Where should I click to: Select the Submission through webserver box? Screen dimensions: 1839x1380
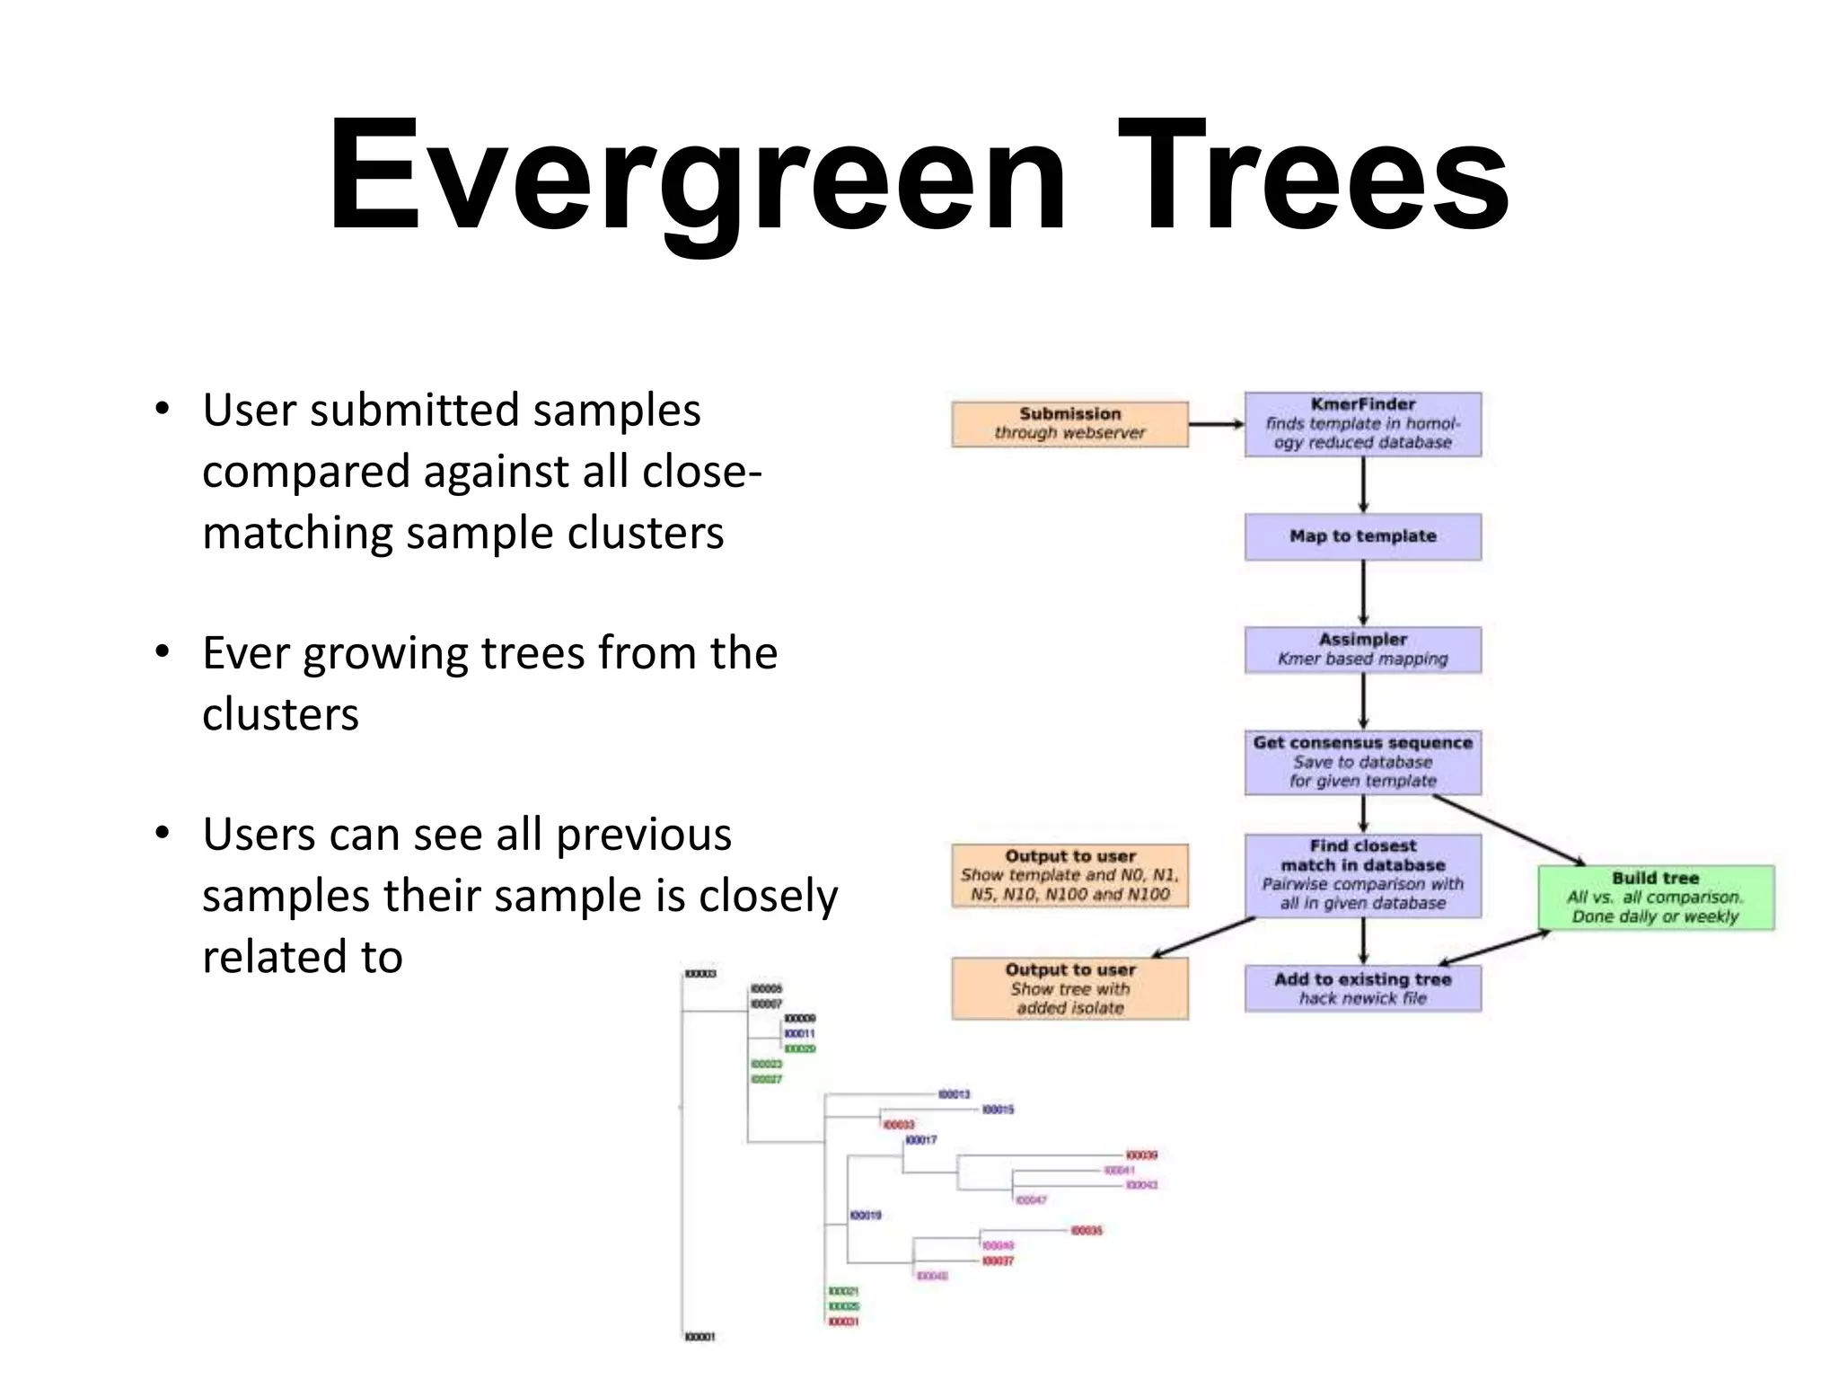1069,424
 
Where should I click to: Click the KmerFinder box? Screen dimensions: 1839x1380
1362,424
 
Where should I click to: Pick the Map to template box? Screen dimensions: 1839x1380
1362,536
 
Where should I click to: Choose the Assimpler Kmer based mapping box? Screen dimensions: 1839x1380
1362,650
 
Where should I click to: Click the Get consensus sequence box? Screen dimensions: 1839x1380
1362,762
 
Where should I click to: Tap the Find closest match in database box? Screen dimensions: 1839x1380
1362,875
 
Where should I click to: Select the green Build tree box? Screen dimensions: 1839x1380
1655,897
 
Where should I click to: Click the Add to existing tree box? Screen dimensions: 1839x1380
1362,988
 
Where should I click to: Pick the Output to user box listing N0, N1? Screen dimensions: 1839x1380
1069,875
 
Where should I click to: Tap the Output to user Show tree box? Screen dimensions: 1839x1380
1069,988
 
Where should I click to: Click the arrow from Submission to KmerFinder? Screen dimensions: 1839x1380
1216,424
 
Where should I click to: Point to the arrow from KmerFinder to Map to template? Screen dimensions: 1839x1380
1363,485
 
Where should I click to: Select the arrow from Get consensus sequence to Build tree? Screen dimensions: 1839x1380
1509,830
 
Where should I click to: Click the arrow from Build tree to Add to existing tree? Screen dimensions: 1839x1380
1495,948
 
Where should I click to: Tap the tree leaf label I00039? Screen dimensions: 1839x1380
1141,1155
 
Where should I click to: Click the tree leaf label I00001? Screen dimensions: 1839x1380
700,1337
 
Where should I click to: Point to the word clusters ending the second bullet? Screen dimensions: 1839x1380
280,715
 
